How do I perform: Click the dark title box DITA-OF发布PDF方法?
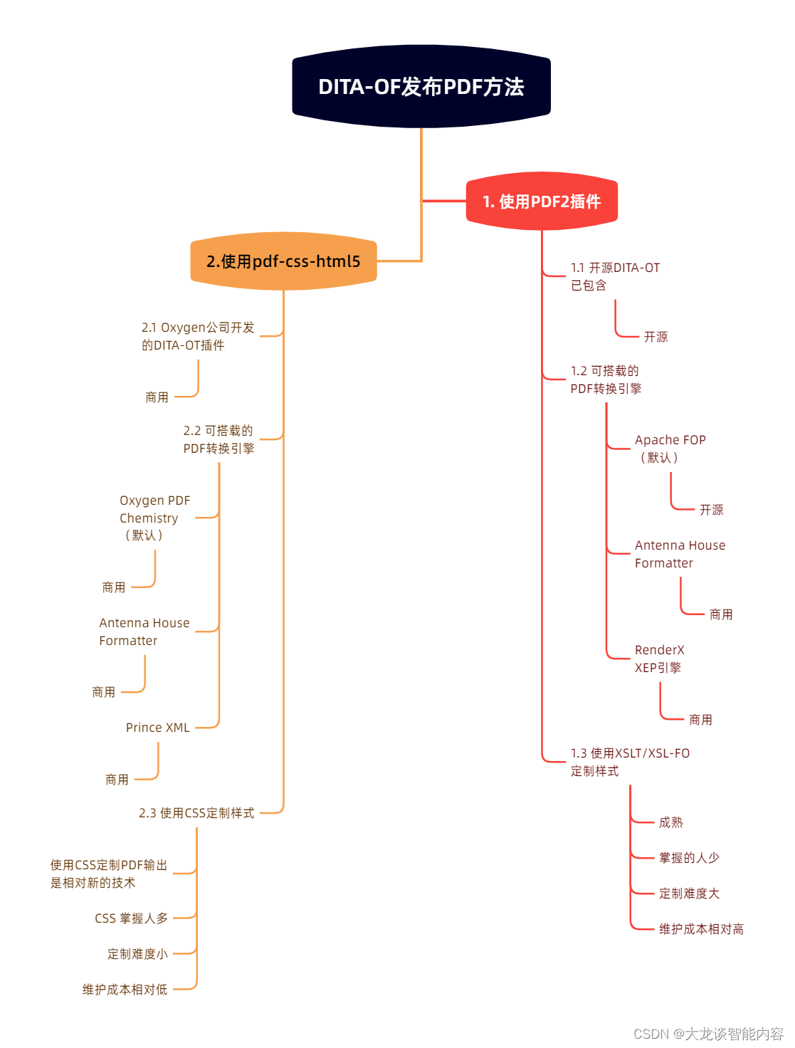(x=421, y=87)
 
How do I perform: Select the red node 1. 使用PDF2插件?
(x=542, y=201)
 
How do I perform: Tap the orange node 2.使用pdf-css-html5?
(x=283, y=261)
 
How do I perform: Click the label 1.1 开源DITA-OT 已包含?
(x=615, y=276)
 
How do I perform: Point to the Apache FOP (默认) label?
(x=670, y=449)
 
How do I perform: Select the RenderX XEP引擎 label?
(x=659, y=659)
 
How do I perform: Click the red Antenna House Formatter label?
(x=680, y=554)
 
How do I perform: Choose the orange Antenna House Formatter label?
(x=144, y=632)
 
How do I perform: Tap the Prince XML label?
(x=158, y=728)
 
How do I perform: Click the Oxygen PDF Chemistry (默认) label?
(x=154, y=518)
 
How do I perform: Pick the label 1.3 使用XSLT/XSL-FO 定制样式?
(x=630, y=762)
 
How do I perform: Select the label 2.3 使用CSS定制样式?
(x=196, y=813)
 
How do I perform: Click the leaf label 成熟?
(x=670, y=822)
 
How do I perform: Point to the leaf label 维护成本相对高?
(x=701, y=929)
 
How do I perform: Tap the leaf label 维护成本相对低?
(x=125, y=990)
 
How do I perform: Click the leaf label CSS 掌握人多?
(x=132, y=918)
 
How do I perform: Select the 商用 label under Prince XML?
(x=117, y=780)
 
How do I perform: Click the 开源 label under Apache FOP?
(x=711, y=510)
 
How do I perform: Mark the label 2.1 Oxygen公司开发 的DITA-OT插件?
(x=198, y=336)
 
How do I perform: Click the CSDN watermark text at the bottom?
(x=708, y=1034)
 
